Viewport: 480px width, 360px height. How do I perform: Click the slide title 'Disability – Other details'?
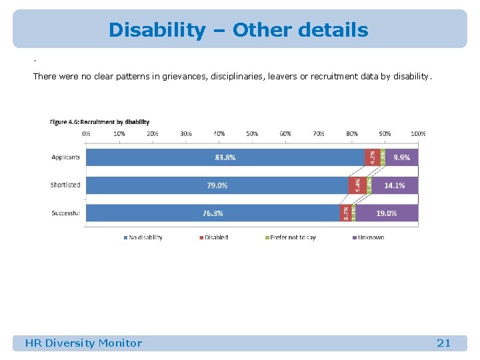click(x=238, y=30)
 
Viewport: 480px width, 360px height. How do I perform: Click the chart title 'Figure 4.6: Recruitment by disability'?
click(x=99, y=122)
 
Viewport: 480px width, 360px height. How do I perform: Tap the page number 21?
click(x=443, y=343)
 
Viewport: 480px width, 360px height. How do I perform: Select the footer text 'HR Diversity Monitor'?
click(x=83, y=343)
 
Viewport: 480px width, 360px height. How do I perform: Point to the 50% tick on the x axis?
click(x=252, y=134)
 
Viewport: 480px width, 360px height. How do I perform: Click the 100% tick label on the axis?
click(x=417, y=134)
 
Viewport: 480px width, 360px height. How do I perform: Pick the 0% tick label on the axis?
click(x=87, y=134)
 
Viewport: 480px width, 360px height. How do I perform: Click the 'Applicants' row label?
click(x=65, y=157)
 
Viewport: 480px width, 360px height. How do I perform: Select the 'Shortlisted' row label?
click(x=65, y=185)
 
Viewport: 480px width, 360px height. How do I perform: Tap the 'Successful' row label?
click(x=65, y=213)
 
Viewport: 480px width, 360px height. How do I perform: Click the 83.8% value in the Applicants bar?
click(x=225, y=157)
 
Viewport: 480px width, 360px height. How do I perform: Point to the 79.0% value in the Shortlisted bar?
click(x=217, y=185)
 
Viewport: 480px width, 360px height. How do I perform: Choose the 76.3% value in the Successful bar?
click(x=213, y=213)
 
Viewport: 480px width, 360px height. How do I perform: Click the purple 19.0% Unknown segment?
click(x=387, y=213)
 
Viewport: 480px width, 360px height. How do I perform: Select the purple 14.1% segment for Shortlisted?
click(x=394, y=185)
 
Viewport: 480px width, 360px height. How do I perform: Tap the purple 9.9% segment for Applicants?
click(x=401, y=157)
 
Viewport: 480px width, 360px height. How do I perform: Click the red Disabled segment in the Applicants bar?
click(x=372, y=157)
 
